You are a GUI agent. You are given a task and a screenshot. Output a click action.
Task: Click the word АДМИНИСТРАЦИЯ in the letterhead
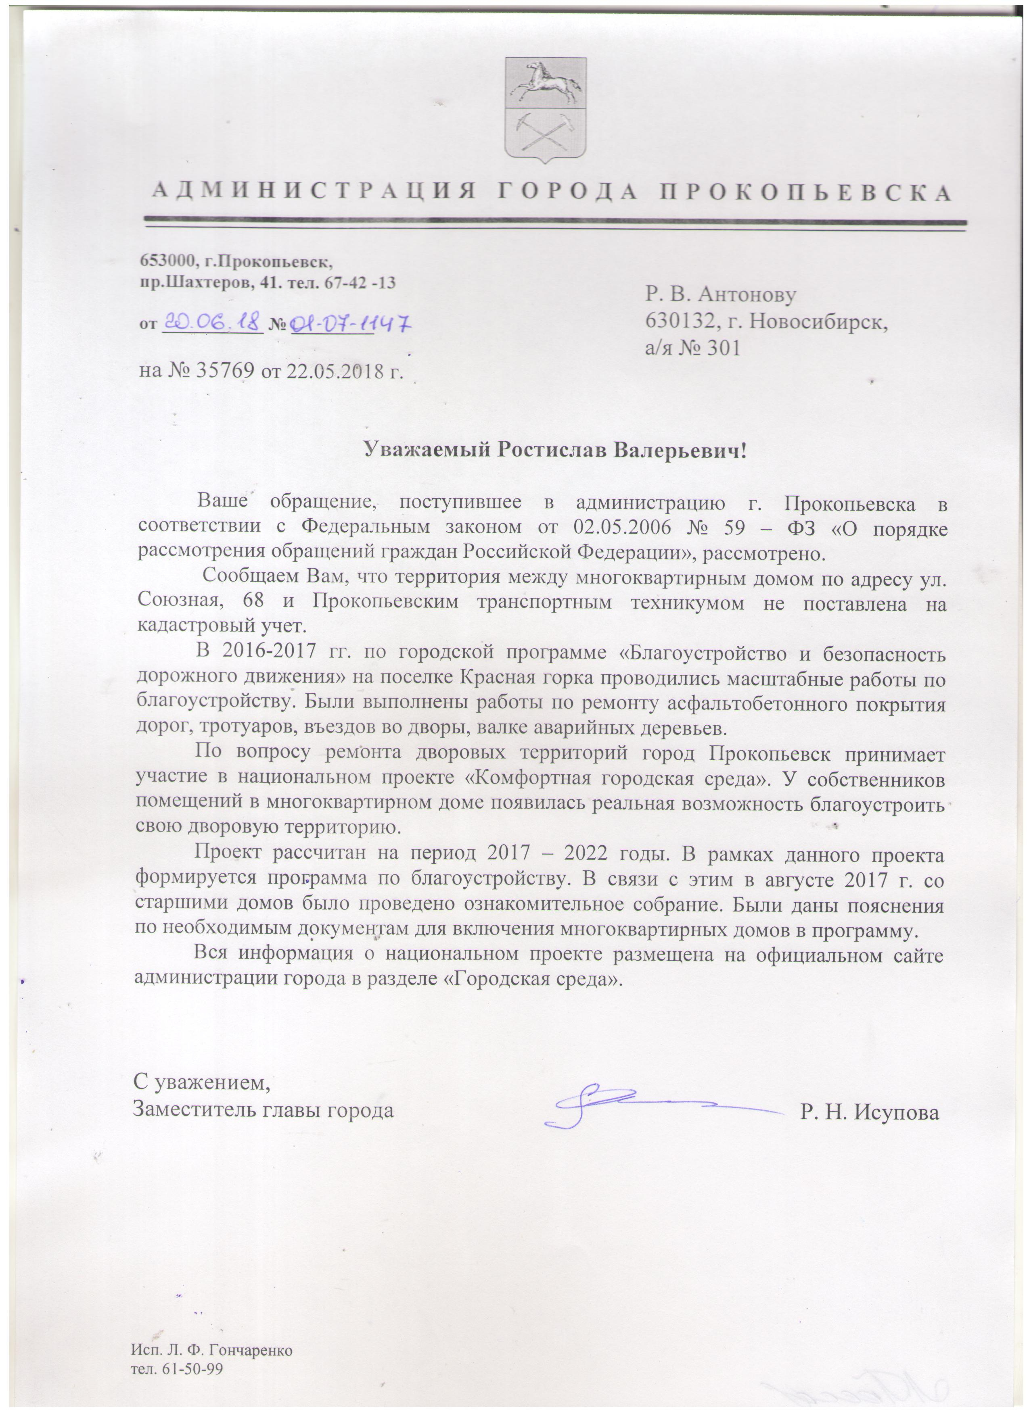[x=315, y=191]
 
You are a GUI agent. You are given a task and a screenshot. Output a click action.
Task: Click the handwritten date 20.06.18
[x=212, y=323]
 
